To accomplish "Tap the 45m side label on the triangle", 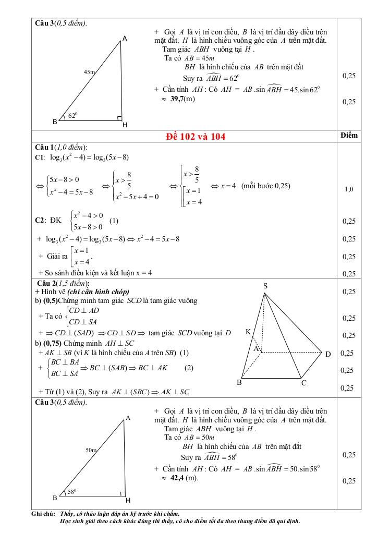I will pos(89,72).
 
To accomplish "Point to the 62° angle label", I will pos(73,115).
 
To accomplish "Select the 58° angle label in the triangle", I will pos(72,491).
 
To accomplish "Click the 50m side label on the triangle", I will pos(91,449).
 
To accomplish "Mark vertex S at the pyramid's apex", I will pos(265,286).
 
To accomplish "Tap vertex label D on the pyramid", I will pos(328,355).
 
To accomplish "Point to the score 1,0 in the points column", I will pos(349,189).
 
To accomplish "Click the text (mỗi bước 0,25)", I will pos(266,186).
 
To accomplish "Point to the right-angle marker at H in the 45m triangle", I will pos(119,118).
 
